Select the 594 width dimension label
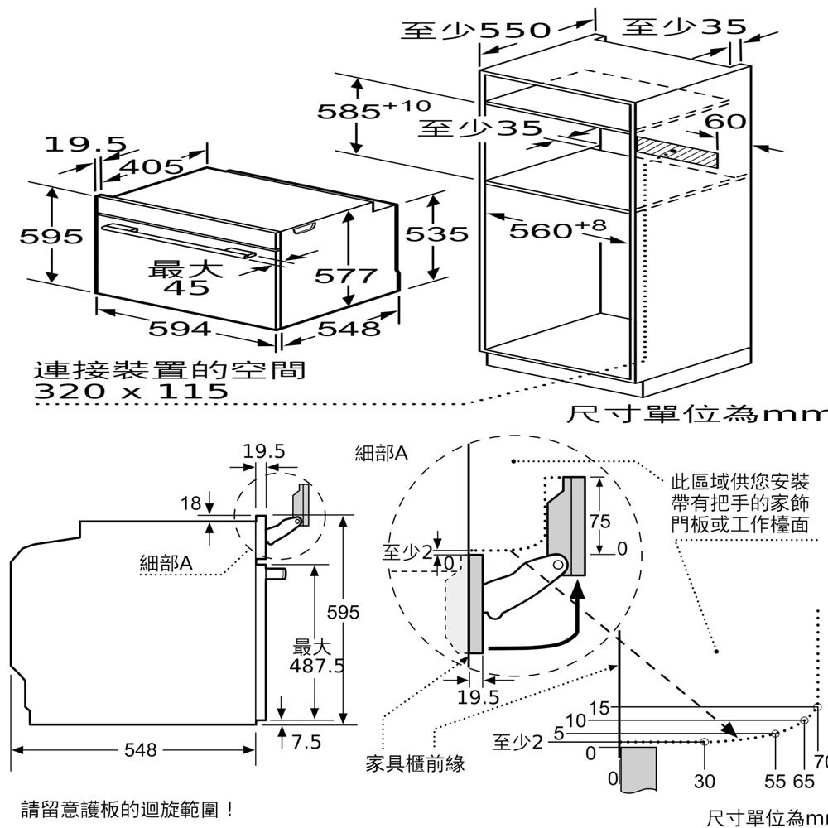tap(179, 329)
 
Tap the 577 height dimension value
tap(345, 275)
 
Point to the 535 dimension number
tap(436, 234)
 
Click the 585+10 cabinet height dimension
tap(373, 109)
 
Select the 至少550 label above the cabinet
tap(475, 31)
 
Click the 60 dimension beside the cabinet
tap(725, 122)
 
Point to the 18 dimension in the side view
tap(190, 503)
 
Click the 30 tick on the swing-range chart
tap(704, 781)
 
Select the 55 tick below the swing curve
tap(774, 781)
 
